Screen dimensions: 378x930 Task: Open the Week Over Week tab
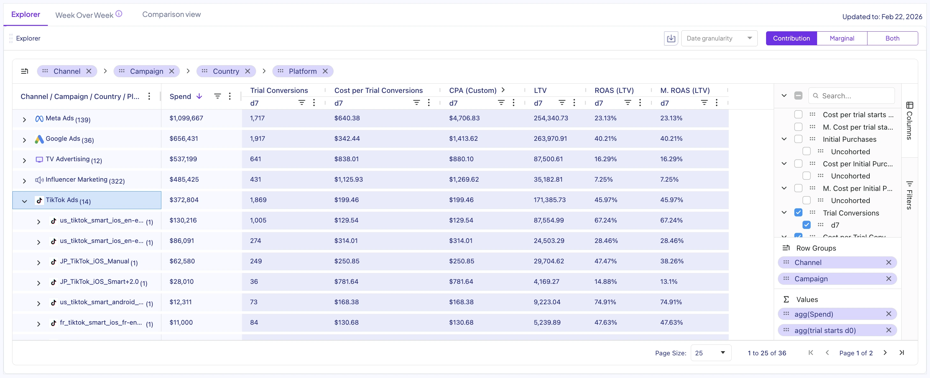(x=84, y=15)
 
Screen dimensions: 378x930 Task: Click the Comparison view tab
(x=171, y=14)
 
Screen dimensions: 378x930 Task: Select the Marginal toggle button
(x=842, y=38)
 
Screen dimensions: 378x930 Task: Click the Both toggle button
(x=892, y=38)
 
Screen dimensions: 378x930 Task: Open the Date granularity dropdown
(x=719, y=38)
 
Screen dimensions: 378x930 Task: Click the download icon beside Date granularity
(x=671, y=38)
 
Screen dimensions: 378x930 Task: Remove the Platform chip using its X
(x=325, y=71)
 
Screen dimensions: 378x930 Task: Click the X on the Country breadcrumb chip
(x=248, y=71)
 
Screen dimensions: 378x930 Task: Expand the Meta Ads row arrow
(x=24, y=120)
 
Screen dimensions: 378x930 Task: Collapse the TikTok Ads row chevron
(x=24, y=201)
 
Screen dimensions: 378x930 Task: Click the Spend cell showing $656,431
(x=183, y=139)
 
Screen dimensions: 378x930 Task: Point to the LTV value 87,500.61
(x=548, y=159)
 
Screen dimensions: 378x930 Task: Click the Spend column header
(x=180, y=96)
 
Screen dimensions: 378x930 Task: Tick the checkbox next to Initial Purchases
(x=798, y=139)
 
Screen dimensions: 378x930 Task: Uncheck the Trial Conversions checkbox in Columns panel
(x=798, y=213)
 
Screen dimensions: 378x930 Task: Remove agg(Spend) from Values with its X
(x=889, y=314)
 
